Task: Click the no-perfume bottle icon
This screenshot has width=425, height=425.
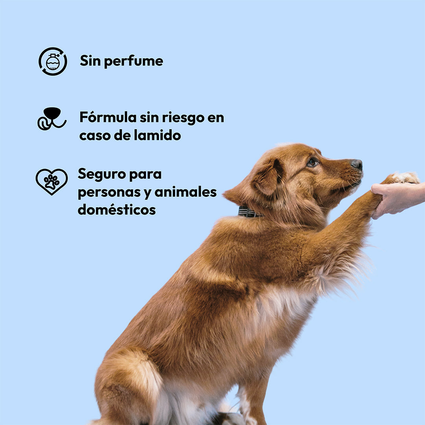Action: click(53, 61)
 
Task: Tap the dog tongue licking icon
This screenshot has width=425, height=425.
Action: click(52, 118)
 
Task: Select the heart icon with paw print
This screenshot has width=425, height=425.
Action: click(52, 181)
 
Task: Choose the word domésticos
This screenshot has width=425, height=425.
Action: click(116, 210)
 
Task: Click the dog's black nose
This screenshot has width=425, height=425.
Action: click(357, 164)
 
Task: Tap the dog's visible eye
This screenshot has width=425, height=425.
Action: click(313, 162)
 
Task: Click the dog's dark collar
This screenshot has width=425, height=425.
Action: click(249, 213)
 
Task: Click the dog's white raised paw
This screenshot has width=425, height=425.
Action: click(405, 177)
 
